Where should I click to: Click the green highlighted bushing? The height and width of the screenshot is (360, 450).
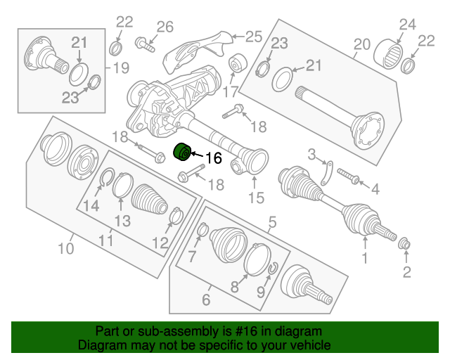tap(183, 151)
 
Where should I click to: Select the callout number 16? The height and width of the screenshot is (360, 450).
tap(213, 159)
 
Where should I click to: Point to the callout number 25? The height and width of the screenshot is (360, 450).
tap(252, 35)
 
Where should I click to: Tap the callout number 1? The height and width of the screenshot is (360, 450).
tap(365, 259)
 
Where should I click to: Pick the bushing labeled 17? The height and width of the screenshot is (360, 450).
tap(236, 65)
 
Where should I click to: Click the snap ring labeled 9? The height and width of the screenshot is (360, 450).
tap(273, 269)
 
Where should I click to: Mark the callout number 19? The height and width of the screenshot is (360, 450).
tap(121, 68)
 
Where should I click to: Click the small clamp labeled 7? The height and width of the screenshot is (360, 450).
tap(202, 229)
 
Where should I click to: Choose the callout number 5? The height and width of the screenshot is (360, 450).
tap(272, 224)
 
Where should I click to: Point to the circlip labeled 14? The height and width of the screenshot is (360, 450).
tap(107, 179)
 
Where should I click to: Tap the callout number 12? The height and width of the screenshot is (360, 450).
tap(160, 243)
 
